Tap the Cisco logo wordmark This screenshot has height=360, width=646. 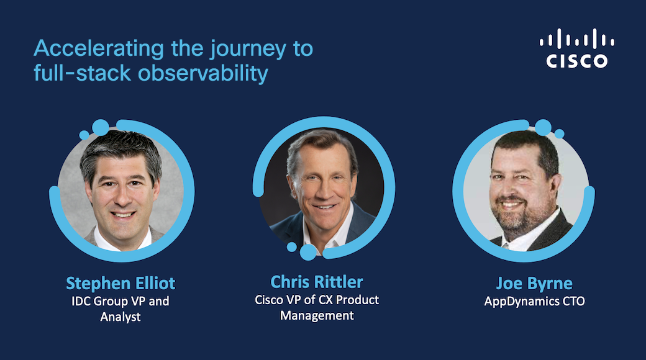click(577, 60)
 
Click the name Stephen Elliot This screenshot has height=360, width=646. click(121, 284)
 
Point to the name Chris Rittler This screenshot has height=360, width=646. click(317, 282)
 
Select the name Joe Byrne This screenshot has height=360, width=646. click(534, 284)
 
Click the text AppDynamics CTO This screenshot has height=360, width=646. click(534, 302)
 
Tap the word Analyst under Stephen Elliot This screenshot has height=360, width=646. click(121, 317)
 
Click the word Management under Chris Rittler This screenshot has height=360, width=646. click(317, 315)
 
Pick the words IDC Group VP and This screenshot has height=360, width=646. click(121, 301)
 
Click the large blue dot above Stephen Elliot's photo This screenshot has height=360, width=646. click(100, 127)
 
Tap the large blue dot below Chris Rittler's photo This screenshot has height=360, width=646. click(309, 251)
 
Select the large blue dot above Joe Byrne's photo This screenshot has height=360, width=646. click(543, 127)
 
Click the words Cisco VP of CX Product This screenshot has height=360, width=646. click(317, 299)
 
